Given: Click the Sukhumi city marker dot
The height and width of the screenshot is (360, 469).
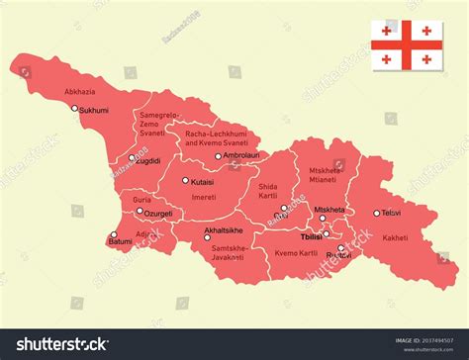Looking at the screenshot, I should tap(74, 109).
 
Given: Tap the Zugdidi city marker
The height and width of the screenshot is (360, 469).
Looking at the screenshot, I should tap(132, 157).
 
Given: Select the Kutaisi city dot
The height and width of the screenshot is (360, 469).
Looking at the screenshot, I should tap(185, 180).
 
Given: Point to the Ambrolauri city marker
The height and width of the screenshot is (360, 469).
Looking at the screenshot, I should tap(219, 156).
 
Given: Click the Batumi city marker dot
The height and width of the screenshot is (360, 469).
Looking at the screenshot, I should tap(114, 234).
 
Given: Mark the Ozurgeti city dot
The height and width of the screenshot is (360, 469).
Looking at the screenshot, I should tap(140, 212).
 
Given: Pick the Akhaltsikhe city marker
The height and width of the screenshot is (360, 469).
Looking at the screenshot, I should tap(207, 237).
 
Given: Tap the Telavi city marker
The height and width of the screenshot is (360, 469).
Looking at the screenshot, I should tap(376, 213).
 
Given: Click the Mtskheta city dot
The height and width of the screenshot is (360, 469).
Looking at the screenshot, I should tap(323, 219).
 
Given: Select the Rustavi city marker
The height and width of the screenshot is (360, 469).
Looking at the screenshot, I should tap(340, 248).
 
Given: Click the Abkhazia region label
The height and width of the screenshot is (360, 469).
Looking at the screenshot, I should tap(80, 91).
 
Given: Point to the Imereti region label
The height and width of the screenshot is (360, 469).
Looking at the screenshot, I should tap(203, 197).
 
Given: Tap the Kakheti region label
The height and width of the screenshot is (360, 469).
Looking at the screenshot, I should tap(395, 237).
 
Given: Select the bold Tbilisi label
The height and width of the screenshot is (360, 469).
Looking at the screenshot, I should tap(314, 238).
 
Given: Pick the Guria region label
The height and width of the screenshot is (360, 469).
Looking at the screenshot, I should tap(141, 200).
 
